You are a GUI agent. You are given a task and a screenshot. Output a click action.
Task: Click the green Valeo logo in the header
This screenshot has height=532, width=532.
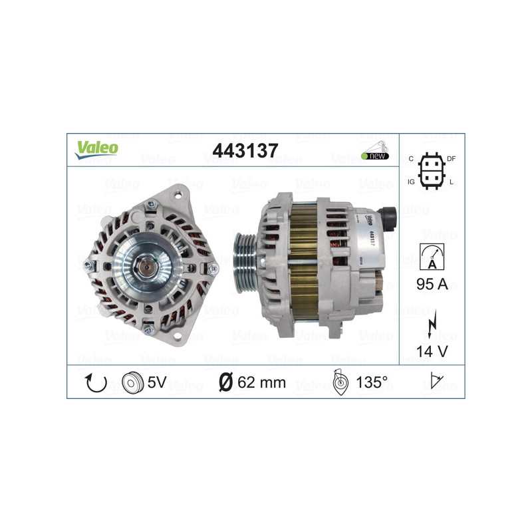point(96,150)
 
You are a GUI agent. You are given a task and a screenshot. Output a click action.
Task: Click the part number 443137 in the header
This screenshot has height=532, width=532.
point(244,151)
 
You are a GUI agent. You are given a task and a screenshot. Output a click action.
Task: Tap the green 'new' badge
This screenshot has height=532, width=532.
point(375,156)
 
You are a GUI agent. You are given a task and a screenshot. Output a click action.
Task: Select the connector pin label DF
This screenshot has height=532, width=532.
point(451,158)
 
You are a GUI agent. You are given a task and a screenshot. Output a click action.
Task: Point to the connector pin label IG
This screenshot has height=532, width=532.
point(412,181)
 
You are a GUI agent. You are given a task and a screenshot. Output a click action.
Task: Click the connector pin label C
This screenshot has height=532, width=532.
point(411,158)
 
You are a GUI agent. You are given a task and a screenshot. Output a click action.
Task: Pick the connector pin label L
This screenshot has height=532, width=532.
point(452,181)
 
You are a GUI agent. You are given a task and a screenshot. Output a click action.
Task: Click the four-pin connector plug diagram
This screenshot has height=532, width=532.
point(431,171)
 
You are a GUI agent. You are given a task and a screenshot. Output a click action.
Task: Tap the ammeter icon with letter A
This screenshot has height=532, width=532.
point(432,256)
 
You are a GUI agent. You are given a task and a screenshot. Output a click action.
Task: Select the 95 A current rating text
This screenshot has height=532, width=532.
point(432,285)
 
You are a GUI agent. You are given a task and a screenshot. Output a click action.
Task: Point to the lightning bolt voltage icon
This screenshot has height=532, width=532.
point(432,323)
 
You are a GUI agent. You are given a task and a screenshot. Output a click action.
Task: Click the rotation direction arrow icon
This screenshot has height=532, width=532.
point(95,382)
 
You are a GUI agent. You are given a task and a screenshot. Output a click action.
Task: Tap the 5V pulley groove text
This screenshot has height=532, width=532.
point(157,382)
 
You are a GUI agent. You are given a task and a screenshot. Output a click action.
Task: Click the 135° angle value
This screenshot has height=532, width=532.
point(371,382)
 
